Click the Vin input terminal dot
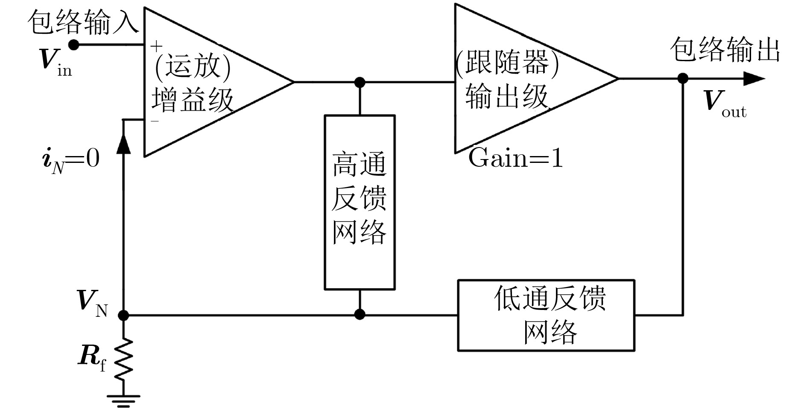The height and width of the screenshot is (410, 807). coord(73,44)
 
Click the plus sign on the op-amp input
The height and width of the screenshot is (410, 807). coord(157,45)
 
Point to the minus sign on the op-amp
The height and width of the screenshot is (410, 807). coord(155,121)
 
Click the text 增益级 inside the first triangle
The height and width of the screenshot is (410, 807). coord(193,100)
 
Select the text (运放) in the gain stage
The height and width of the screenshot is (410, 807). coord(193,67)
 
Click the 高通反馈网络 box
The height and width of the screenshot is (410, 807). coord(360,202)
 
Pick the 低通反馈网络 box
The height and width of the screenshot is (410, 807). coord(546,316)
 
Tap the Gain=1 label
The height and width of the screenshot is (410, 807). coord(515,158)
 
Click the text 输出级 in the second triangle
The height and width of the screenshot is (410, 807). coord(507,96)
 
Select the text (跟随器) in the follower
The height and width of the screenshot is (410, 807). coord(507,63)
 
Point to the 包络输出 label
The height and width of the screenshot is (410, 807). coord(725,50)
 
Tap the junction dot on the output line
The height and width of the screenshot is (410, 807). coord(683,79)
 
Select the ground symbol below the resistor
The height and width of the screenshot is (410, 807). coord(123,400)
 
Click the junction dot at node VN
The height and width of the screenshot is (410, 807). coord(123,316)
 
